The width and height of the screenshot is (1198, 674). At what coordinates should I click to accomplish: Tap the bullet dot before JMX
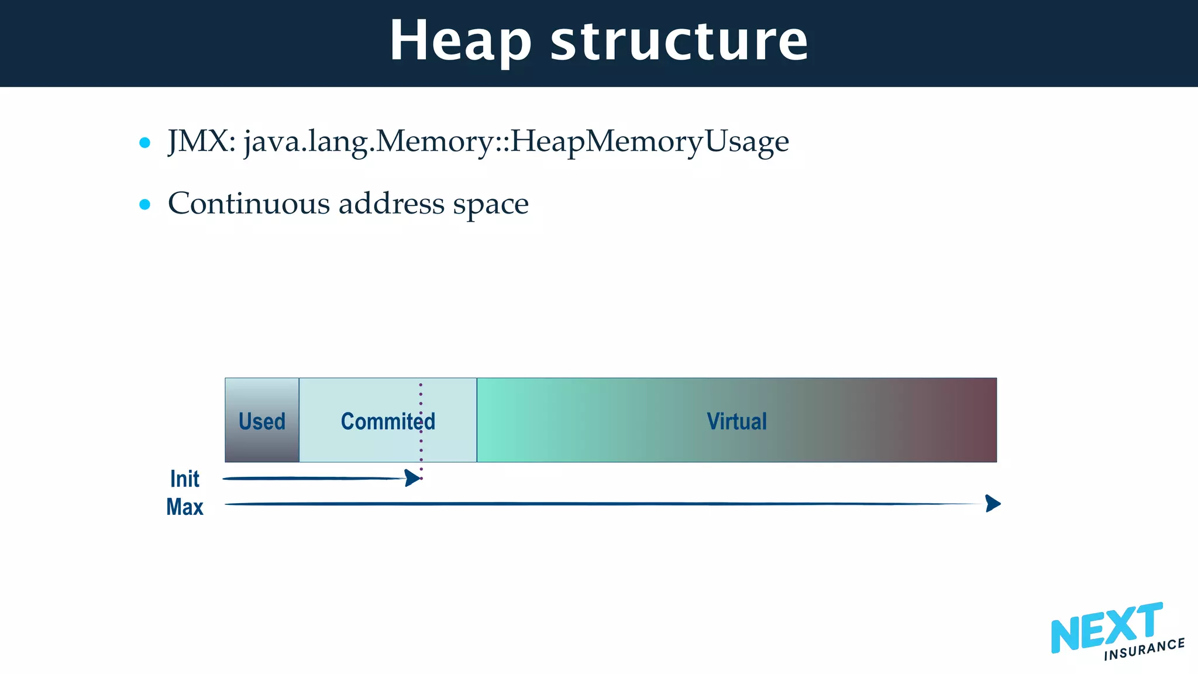click(x=145, y=142)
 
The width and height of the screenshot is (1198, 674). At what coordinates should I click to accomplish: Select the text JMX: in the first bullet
click(x=202, y=142)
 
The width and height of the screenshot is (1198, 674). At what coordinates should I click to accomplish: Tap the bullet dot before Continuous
click(x=145, y=204)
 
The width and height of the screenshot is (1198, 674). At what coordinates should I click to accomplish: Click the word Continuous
click(x=249, y=204)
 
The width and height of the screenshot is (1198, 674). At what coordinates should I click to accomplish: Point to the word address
click(x=391, y=204)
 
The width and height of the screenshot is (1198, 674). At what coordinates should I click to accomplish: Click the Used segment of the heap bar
click(x=262, y=421)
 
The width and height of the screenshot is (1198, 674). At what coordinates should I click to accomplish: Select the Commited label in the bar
click(x=388, y=421)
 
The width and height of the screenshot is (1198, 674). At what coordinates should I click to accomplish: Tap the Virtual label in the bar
click(x=736, y=421)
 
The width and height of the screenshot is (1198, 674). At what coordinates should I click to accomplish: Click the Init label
click(x=184, y=479)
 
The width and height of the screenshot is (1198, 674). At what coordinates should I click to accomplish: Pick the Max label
click(x=184, y=507)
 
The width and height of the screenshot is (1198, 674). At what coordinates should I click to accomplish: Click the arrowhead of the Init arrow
click(x=413, y=478)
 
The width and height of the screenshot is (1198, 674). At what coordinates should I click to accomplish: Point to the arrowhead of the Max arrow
click(x=993, y=503)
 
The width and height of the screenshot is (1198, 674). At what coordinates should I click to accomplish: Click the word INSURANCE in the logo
click(x=1144, y=649)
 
